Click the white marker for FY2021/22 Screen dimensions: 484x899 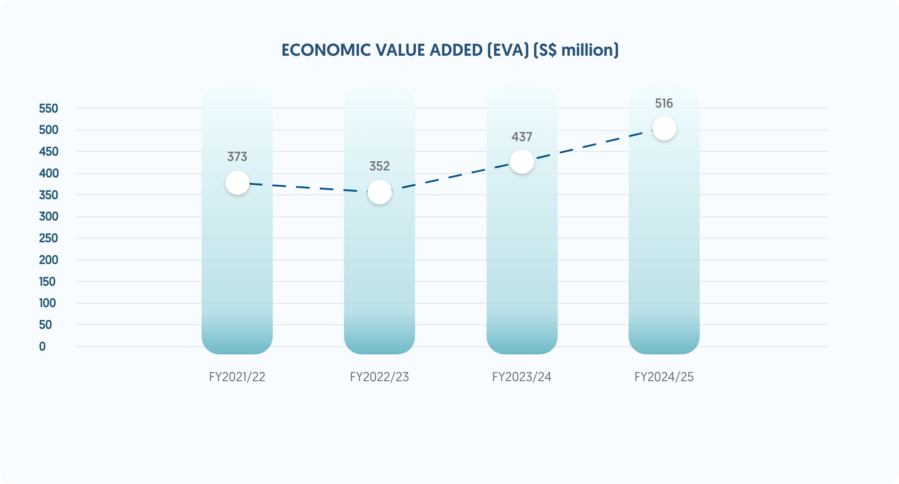(x=237, y=183)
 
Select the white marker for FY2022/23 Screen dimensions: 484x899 (x=380, y=192)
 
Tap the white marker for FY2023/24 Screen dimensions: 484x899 (x=522, y=162)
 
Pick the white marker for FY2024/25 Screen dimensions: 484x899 (x=664, y=128)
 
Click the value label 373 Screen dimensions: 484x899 (x=237, y=157)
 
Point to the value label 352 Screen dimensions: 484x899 (x=380, y=166)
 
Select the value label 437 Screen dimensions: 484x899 (x=522, y=137)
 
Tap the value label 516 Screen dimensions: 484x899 (x=664, y=103)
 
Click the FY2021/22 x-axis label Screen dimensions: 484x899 (x=237, y=377)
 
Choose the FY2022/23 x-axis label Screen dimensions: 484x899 (x=380, y=377)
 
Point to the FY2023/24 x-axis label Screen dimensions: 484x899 (x=522, y=377)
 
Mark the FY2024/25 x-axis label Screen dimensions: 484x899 (x=664, y=377)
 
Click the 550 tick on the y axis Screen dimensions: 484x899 (x=49, y=108)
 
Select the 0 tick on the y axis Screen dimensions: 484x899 (x=42, y=346)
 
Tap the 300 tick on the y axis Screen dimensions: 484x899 (x=49, y=216)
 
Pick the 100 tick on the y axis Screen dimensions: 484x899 (x=47, y=303)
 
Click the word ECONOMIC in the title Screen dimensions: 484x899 (x=326, y=50)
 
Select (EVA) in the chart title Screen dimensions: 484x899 (x=508, y=50)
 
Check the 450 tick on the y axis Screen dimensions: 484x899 (x=49, y=151)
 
